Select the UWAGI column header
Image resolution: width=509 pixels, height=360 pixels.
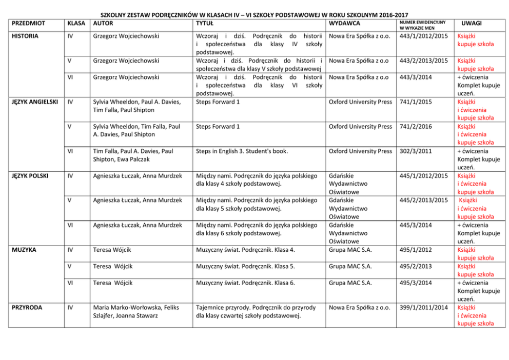point(471,23)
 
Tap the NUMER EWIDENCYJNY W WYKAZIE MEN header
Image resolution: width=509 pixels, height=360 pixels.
point(422,25)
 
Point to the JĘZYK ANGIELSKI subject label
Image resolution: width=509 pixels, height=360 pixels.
point(35,102)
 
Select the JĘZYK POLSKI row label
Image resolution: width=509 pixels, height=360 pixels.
point(30,176)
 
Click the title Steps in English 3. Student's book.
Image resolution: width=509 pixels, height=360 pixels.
point(242,151)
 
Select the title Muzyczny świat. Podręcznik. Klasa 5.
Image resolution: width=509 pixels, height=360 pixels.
point(246,266)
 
